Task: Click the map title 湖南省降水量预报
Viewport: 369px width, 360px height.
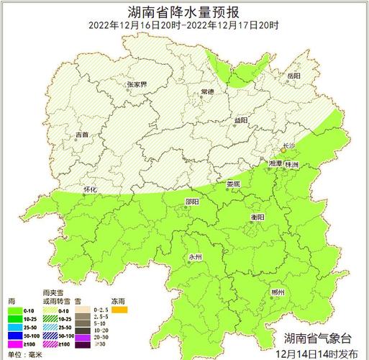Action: click(184, 11)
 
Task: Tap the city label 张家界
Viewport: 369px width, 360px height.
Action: click(137, 84)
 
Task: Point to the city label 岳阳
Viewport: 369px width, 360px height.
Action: click(293, 76)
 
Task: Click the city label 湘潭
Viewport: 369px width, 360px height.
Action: click(275, 165)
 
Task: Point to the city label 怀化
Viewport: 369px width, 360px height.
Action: click(90, 189)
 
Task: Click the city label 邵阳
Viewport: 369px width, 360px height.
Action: click(192, 202)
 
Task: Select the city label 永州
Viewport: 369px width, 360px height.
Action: click(196, 257)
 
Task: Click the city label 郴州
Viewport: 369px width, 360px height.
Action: click(278, 292)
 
